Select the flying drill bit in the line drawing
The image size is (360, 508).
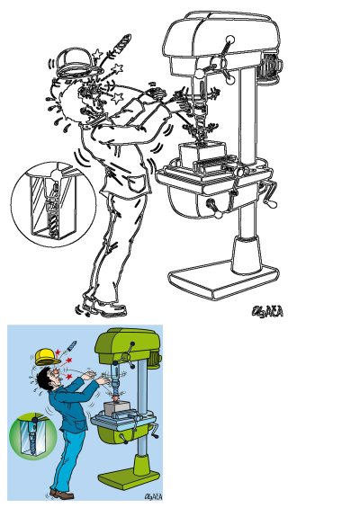tap(120, 45)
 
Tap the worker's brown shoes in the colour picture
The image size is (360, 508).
tap(61, 494)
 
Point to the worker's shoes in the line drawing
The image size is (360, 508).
tap(103, 307)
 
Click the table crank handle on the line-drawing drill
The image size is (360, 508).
tap(267, 192)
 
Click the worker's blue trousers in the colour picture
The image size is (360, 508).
tap(70, 454)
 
